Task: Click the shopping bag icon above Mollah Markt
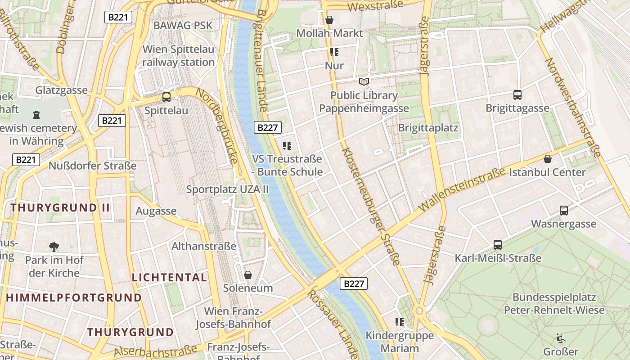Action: tap(329, 20)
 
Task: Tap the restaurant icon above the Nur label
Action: tap(334, 52)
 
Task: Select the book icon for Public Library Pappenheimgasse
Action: tap(364, 81)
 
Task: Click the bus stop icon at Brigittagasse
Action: tap(517, 95)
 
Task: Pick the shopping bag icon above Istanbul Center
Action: tap(548, 159)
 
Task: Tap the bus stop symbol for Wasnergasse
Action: tap(563, 211)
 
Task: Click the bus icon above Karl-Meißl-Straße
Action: tap(498, 245)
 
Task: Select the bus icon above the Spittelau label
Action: tap(166, 97)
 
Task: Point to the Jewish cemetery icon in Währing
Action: tap(36, 115)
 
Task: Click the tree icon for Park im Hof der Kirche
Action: tap(54, 247)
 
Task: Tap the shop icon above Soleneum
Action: tap(247, 274)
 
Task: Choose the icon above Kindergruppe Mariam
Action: tap(399, 322)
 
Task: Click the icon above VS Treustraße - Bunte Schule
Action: tap(287, 146)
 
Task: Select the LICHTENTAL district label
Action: tap(169, 277)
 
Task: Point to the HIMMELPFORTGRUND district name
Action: tap(74, 297)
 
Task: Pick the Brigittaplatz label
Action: tap(428, 128)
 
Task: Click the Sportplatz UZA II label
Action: tap(227, 189)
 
